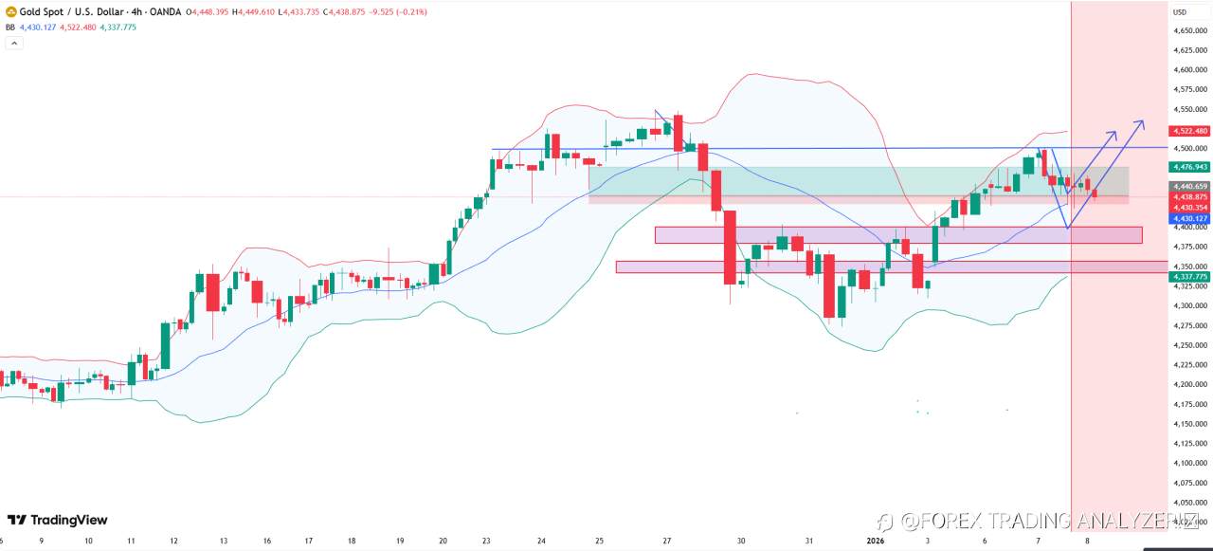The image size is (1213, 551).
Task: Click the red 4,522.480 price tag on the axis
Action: click(x=1188, y=131)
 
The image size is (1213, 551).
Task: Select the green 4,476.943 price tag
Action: click(x=1188, y=166)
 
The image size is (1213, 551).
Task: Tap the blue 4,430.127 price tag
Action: click(x=1188, y=218)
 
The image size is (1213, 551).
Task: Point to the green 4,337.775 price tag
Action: click(x=1188, y=277)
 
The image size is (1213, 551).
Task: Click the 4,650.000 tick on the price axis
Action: click(x=1188, y=31)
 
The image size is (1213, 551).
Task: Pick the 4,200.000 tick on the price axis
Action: click(x=1188, y=384)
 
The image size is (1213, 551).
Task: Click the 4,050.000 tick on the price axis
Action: click(x=1188, y=503)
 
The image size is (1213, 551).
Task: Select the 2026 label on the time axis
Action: click(x=876, y=541)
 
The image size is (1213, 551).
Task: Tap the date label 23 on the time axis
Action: click(x=486, y=541)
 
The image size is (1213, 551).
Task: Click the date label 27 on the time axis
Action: click(x=667, y=541)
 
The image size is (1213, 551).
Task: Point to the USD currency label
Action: click(x=1180, y=12)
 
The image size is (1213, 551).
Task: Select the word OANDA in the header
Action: click(x=167, y=11)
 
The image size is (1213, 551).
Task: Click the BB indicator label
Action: click(x=10, y=28)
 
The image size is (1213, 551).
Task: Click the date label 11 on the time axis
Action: click(x=131, y=541)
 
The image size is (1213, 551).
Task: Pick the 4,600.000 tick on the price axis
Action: click(x=1188, y=70)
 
